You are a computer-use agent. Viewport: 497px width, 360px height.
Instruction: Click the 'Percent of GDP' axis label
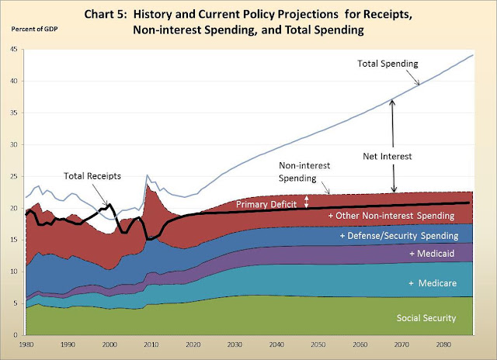pyautogui.click(x=34, y=29)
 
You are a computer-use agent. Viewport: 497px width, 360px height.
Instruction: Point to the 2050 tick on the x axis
pyautogui.click(x=318, y=344)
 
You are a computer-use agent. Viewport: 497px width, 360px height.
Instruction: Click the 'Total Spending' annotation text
pyautogui.click(x=388, y=64)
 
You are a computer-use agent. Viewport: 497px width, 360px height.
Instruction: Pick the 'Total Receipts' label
pyautogui.click(x=92, y=176)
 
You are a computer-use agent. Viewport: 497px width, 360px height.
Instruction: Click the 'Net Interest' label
pyautogui.click(x=387, y=156)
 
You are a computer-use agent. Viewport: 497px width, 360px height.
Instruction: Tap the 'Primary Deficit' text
pyautogui.click(x=266, y=204)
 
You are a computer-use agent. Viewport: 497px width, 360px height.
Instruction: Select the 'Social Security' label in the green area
pyautogui.click(x=426, y=318)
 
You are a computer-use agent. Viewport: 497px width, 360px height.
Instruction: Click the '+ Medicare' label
pyautogui.click(x=433, y=282)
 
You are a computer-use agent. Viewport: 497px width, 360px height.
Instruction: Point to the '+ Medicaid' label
pyautogui.click(x=432, y=253)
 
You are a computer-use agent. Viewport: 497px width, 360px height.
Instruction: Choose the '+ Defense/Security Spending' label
pyautogui.click(x=399, y=236)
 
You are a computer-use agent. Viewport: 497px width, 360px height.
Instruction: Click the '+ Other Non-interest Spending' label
pyautogui.click(x=391, y=216)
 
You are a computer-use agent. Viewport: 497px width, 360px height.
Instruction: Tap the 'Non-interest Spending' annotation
pyautogui.click(x=304, y=171)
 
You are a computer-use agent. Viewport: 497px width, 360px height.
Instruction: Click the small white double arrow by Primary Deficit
pyautogui.click(x=306, y=202)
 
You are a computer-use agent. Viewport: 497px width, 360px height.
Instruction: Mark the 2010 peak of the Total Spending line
pyautogui.click(x=147, y=175)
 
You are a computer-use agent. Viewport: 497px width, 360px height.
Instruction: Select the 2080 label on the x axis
pyautogui.click(x=443, y=344)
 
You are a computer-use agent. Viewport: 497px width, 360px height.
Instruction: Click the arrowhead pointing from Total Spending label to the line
pyautogui.click(x=418, y=83)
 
